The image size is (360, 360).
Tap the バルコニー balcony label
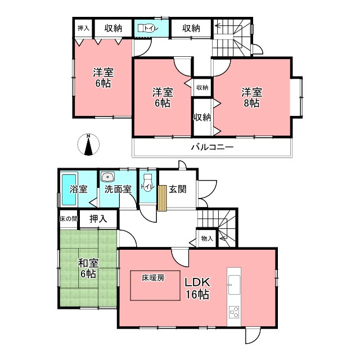[212, 147]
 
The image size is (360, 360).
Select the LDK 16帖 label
[197, 289]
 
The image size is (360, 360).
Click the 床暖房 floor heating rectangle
[155, 285]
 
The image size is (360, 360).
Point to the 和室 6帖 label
[88, 268]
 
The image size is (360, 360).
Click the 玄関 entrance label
[178, 189]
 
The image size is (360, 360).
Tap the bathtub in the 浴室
[69, 190]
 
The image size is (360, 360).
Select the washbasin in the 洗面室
[107, 177]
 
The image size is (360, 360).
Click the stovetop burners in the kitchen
[234, 312]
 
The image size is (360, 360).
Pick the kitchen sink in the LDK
[234, 285]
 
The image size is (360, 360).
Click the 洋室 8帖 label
[251, 97]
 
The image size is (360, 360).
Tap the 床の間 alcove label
[69, 219]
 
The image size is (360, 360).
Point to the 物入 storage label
[207, 238]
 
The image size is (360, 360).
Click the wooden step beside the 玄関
[162, 198]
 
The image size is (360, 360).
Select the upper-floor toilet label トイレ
[151, 28]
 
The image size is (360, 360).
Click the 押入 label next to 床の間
[98, 219]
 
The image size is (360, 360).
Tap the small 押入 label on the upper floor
[83, 28]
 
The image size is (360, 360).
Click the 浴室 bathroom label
[79, 190]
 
